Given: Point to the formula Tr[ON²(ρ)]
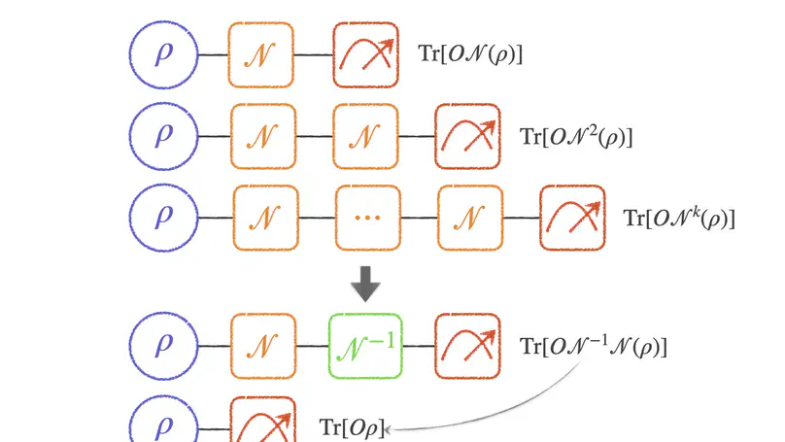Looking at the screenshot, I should tap(576, 136).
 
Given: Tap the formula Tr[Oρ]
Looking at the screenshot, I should tap(353, 425).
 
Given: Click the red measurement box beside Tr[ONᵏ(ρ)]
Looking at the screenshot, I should tap(571, 216).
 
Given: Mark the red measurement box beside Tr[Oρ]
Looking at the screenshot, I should tap(262, 422).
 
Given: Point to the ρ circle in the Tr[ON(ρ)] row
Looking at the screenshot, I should tap(162, 53).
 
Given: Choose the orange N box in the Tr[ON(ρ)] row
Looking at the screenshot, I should tap(261, 53).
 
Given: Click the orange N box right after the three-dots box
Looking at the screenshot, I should tap(468, 217).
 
